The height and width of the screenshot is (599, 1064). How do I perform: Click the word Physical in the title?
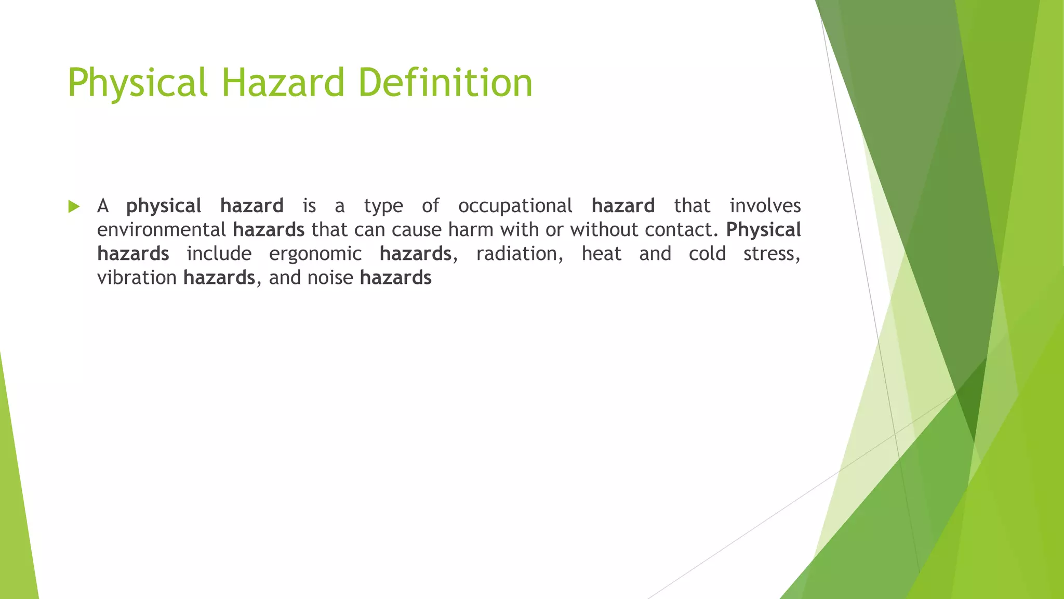[137, 83]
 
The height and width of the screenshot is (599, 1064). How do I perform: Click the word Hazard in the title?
[283, 83]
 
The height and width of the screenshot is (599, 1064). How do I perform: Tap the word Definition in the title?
[445, 83]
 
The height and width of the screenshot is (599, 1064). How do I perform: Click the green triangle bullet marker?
[74, 207]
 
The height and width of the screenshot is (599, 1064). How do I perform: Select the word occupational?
[515, 206]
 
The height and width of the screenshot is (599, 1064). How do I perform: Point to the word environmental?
[161, 230]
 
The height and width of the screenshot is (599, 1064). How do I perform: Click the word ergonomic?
[315, 254]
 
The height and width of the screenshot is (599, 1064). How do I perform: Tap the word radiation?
[519, 254]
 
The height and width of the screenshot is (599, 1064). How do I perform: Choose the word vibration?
[137, 278]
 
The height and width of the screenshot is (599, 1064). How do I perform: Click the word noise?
[330, 278]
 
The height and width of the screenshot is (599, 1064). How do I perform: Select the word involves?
[765, 206]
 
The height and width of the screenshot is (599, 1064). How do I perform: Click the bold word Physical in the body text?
[763, 230]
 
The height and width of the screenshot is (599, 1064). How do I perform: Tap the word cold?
[707, 254]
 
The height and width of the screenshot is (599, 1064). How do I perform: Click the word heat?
[601, 254]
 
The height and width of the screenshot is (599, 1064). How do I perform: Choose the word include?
[219, 254]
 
